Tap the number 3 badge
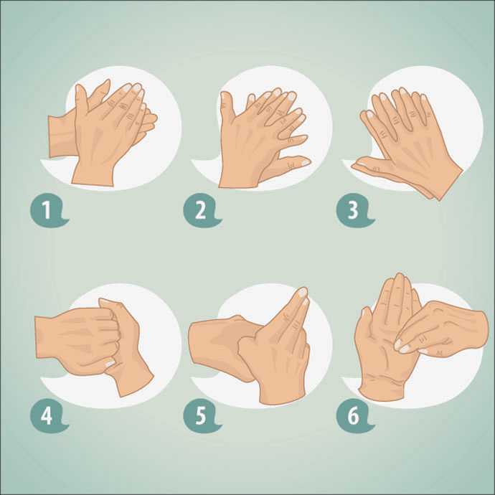coord(352,212)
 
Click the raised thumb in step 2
coord(227,108)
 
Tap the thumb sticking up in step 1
coord(81,97)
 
